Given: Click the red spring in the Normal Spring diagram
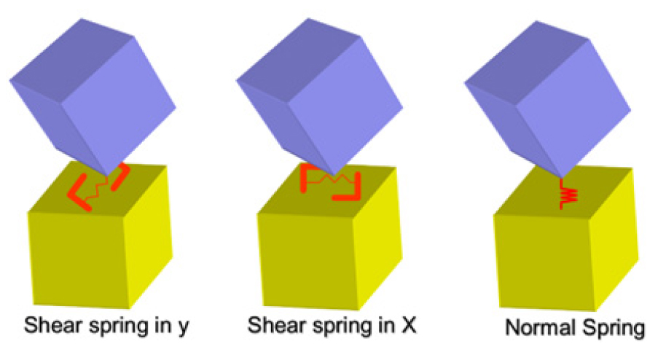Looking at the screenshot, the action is coord(567,195).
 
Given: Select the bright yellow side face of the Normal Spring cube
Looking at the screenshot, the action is coord(614,238).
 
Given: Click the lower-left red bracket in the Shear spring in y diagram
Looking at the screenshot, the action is coord(78,193).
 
